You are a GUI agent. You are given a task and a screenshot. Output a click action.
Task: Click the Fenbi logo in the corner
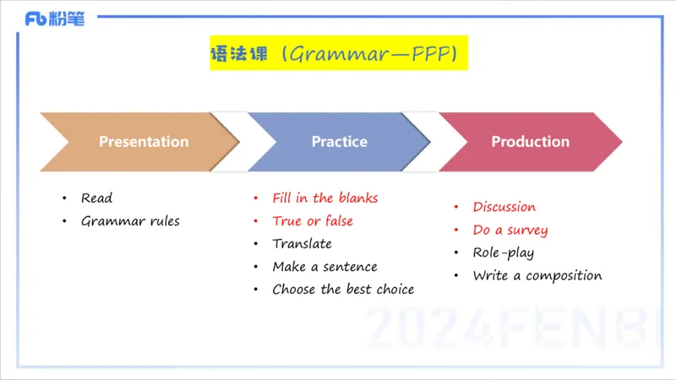(54, 19)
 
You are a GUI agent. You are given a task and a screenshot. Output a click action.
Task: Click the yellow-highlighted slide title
(338, 54)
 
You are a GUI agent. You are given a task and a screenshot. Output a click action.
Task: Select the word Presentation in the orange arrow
(144, 142)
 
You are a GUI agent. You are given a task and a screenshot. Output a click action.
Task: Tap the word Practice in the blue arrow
(339, 142)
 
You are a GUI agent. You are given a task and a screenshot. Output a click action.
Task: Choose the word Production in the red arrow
(530, 142)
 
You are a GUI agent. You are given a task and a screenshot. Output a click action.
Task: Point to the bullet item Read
(96, 198)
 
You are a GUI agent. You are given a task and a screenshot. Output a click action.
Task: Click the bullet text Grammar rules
(130, 221)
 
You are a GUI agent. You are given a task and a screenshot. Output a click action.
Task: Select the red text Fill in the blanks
(324, 198)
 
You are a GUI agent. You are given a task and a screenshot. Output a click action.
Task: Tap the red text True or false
(313, 221)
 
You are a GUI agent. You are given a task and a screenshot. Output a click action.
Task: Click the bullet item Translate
(302, 244)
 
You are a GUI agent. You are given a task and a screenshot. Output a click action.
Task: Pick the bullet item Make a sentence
(324, 267)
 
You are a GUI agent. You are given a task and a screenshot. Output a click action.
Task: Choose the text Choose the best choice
(343, 290)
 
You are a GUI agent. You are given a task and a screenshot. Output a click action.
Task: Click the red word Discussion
(504, 207)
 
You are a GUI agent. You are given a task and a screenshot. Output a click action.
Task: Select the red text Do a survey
(510, 230)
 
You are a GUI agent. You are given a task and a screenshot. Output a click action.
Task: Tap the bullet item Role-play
(503, 252)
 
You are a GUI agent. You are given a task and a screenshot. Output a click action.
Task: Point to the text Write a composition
(537, 275)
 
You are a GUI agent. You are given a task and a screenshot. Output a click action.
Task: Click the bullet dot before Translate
(256, 244)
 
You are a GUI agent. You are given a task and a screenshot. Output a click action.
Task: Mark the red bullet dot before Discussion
(456, 207)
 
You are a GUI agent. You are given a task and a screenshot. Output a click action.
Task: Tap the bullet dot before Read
(64, 198)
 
